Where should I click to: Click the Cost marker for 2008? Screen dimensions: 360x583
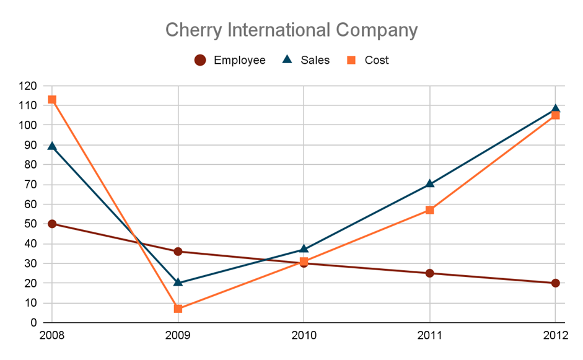click(52, 100)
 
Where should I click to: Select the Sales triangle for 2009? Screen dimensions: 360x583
click(178, 283)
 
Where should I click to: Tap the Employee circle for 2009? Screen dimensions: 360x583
click(178, 252)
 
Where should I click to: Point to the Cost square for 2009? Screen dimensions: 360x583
click(178, 309)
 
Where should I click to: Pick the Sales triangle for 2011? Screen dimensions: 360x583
click(429, 184)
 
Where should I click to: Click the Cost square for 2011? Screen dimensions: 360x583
click(429, 210)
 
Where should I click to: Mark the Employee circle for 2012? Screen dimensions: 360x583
click(555, 283)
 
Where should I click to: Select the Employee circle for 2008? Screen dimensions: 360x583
click(52, 224)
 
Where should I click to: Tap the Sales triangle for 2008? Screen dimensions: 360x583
click(52, 147)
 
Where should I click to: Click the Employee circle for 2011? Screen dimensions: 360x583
click(429, 273)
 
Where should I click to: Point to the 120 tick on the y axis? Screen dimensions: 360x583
click(28, 86)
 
